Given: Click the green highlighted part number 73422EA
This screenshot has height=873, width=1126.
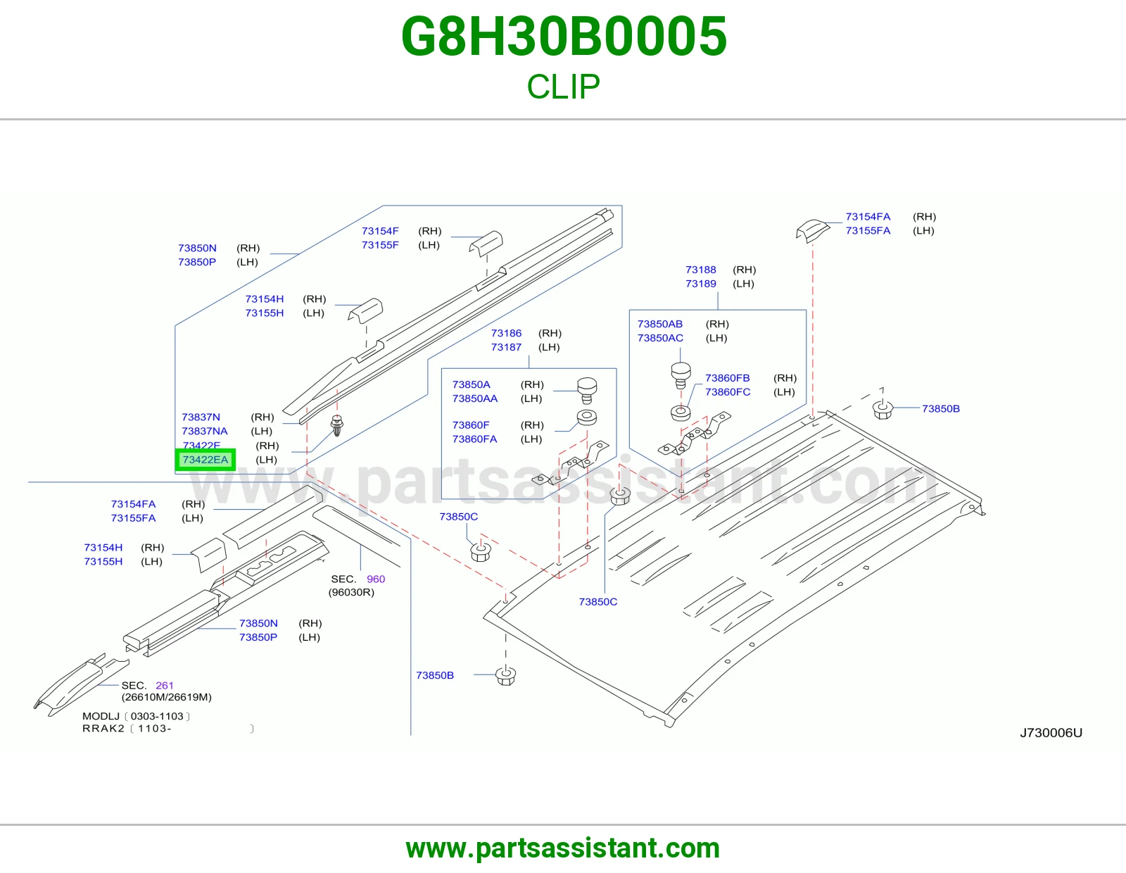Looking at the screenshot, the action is pos(205,460).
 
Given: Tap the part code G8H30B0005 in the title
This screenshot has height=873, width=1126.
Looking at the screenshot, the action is pos(564,36).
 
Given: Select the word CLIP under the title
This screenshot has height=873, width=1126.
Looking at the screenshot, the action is pos(563,87).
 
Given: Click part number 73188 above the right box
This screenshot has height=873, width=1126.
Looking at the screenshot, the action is pos(700,270).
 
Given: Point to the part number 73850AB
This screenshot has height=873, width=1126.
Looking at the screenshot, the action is pos(659,324).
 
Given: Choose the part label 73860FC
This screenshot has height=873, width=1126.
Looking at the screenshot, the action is pos(728,392).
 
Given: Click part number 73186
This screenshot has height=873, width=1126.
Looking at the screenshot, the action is pos(506,333).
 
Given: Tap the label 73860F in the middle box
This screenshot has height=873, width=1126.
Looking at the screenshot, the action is pos(471,425).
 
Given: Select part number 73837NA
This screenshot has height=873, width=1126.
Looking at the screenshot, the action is pos(205,432).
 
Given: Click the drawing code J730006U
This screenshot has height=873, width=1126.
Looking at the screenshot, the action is pos(1051,732).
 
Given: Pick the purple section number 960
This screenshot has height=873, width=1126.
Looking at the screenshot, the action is pos(376,579).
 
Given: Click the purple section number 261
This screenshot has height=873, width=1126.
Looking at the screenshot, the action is pos(164,685).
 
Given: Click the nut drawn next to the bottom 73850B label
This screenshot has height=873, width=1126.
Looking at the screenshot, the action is pos(506,676).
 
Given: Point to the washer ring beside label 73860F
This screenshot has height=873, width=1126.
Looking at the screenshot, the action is pos(587,417).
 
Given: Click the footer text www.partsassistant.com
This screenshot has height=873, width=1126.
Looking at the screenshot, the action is pos(563,848).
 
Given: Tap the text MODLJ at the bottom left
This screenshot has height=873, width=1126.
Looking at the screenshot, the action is pos(101,716).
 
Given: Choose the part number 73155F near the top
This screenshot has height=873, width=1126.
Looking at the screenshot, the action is pos(380,245).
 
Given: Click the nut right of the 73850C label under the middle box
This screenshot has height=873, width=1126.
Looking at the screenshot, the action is pos(481,551).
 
